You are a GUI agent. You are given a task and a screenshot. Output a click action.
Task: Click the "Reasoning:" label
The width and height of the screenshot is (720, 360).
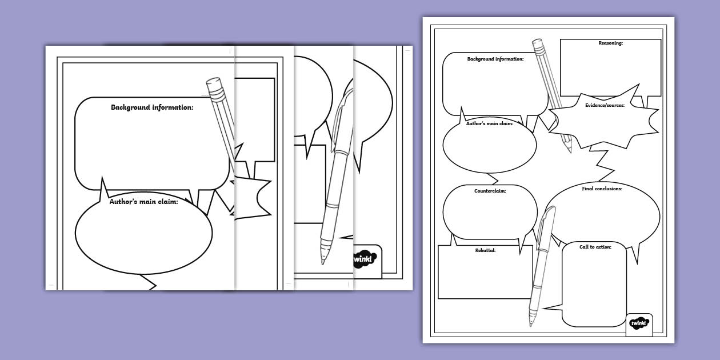tap(610, 43)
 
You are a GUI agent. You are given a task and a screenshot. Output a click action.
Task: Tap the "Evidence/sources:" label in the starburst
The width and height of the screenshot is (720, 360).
tap(605, 105)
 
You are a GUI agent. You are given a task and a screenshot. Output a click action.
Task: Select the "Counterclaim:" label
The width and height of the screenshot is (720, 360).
tap(490, 191)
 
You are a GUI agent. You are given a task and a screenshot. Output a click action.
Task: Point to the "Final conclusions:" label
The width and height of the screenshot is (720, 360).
tap(602, 189)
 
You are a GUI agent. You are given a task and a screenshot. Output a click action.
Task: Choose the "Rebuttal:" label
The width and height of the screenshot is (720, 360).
tap(485, 250)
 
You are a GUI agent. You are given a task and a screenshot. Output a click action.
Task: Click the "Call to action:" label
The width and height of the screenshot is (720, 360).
tap(595, 247)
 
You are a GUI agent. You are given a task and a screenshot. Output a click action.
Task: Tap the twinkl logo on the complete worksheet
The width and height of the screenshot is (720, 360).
tap(639, 323)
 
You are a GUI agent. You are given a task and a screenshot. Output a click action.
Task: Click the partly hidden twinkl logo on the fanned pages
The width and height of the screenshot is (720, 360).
tap(365, 259)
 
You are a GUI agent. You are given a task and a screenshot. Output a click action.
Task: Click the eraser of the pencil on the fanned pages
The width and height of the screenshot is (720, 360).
tap(214, 84)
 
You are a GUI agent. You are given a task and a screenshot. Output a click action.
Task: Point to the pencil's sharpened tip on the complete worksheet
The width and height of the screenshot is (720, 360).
tap(570, 151)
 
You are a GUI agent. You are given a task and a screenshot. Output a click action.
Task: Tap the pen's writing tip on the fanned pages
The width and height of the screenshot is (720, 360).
tap(323, 262)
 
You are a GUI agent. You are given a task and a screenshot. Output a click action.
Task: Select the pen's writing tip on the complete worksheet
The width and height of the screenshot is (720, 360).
tap(531, 323)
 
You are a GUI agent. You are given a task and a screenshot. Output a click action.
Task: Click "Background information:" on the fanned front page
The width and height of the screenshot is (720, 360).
tap(152, 107)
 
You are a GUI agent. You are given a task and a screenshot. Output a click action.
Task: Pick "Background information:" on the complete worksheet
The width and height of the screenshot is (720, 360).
tap(495, 59)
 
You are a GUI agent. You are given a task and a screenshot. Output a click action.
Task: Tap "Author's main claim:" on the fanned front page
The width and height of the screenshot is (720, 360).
tap(143, 202)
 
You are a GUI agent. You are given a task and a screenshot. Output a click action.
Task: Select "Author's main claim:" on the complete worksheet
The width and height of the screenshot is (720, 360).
tap(489, 123)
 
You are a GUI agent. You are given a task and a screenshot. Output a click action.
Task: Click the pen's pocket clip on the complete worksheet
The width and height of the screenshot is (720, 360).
tap(542, 225)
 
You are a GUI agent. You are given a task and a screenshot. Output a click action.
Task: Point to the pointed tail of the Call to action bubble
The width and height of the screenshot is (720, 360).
tap(544, 309)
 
